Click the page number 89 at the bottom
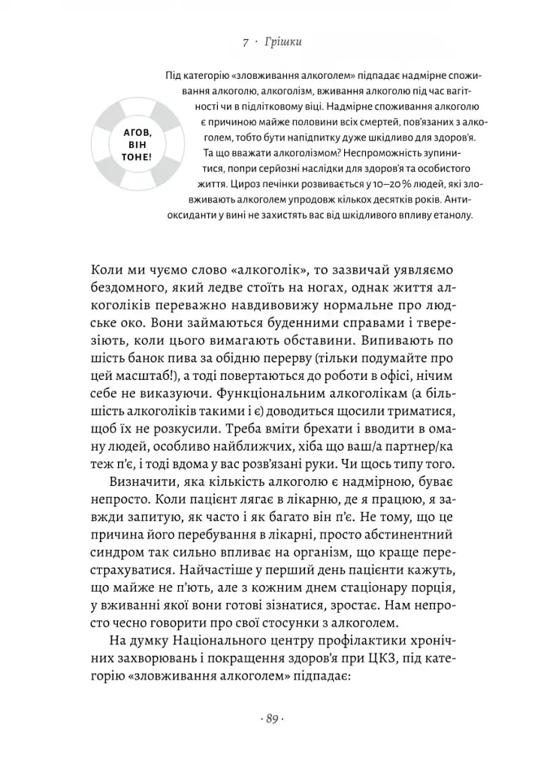point(271,719)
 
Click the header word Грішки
point(283,43)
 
